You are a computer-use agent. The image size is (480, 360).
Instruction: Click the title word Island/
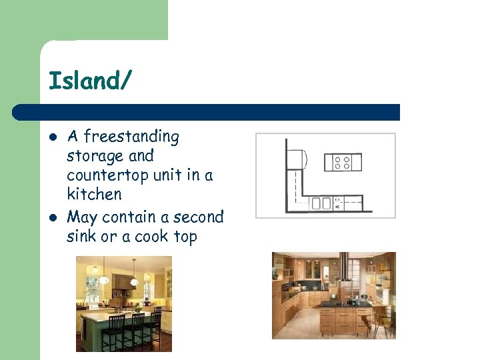click(91, 81)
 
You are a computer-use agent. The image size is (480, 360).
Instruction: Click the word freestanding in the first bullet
click(131, 137)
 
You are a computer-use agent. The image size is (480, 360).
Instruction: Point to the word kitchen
click(94, 195)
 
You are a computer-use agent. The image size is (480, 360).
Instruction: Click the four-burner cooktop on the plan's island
click(342, 162)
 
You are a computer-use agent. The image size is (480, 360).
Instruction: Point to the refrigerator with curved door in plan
click(297, 160)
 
